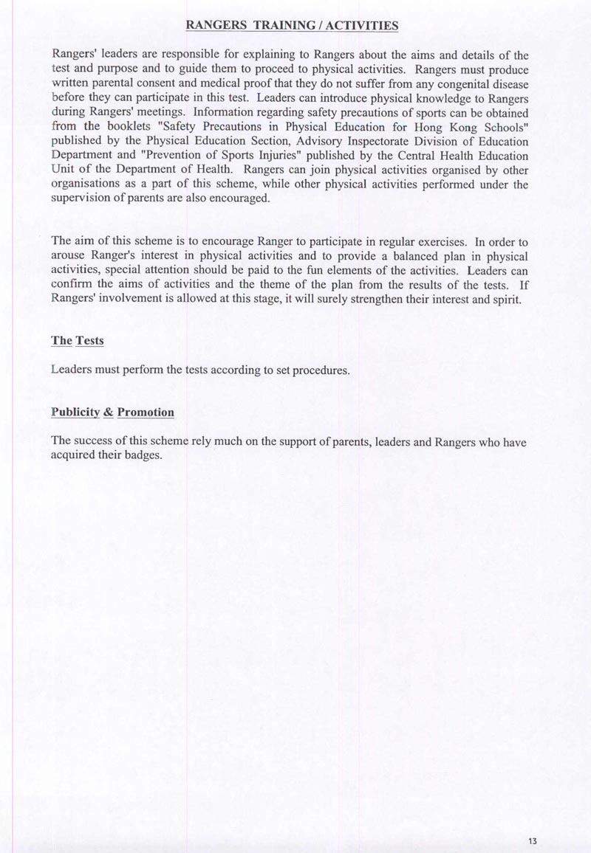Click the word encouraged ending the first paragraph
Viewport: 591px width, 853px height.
[234, 199]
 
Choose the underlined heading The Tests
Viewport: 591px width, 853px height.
[78, 341]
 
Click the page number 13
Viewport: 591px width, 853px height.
[533, 840]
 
